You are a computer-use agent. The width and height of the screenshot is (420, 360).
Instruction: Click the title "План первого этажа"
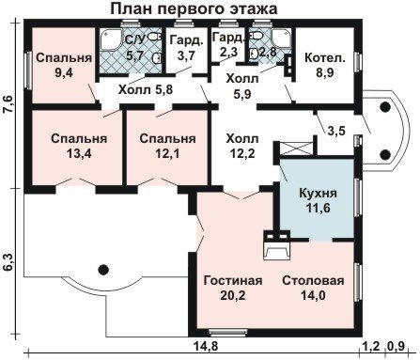coord(194,8)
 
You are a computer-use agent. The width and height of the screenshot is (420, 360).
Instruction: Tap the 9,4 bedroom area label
coord(64,65)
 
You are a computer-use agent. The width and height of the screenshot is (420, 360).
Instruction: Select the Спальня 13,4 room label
coord(79,146)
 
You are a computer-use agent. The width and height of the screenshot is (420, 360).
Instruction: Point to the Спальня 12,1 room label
coord(167,146)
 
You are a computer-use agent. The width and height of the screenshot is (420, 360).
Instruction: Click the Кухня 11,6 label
coord(318,200)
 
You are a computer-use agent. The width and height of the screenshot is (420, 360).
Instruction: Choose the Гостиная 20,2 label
coord(233,288)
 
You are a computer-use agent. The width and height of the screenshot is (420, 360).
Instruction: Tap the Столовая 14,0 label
coord(313,288)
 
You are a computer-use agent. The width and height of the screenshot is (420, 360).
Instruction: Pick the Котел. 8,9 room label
coord(325,65)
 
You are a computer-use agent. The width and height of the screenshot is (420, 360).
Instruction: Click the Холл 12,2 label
coord(242,146)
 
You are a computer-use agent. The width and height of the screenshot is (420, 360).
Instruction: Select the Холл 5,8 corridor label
coord(146,90)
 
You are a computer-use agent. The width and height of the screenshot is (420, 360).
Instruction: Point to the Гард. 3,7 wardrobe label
coord(186,48)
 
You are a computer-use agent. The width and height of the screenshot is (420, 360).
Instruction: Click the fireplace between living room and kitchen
coord(276,246)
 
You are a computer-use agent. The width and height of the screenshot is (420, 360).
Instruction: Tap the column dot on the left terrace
coord(102,269)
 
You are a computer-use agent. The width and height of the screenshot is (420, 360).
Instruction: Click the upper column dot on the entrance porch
coord(384,107)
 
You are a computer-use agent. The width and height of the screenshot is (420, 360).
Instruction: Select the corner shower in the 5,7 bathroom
coord(111,39)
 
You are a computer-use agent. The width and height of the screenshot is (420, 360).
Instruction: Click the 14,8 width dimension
coord(206,347)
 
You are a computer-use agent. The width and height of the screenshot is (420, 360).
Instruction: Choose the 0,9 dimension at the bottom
coord(396,347)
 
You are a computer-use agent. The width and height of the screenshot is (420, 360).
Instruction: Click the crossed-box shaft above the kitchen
coord(296,148)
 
